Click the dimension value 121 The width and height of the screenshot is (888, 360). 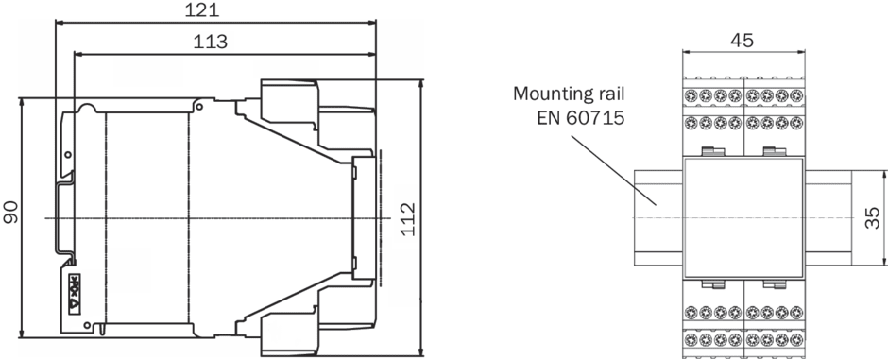(x=202, y=9)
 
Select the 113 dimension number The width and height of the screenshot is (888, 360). (x=211, y=42)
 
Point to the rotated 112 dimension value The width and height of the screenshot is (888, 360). (x=407, y=219)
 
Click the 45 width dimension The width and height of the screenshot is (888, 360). (x=742, y=41)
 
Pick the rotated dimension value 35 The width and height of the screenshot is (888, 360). (x=872, y=218)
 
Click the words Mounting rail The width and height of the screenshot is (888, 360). (x=569, y=94)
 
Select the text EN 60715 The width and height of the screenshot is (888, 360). (x=580, y=118)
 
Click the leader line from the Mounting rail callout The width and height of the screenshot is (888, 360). (x=613, y=170)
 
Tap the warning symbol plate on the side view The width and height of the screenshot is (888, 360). (x=75, y=294)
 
